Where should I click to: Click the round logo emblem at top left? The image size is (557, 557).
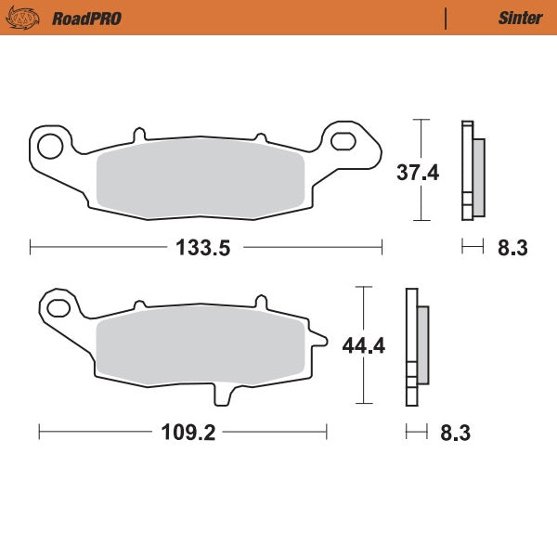(x=30, y=18)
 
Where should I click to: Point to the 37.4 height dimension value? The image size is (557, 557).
(x=418, y=173)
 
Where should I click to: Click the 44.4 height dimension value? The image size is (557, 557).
(x=364, y=346)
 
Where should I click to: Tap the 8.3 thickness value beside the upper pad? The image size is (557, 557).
(x=512, y=247)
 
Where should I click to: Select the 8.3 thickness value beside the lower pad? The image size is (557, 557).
(x=456, y=433)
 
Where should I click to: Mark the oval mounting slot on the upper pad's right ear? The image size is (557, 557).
(x=344, y=141)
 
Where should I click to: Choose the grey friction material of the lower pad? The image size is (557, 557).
(x=201, y=347)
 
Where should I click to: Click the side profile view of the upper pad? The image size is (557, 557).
(x=472, y=173)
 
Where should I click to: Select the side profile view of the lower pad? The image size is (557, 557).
(x=416, y=347)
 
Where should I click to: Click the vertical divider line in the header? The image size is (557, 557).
(x=446, y=18)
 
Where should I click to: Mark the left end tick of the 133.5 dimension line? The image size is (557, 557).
(x=31, y=247)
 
